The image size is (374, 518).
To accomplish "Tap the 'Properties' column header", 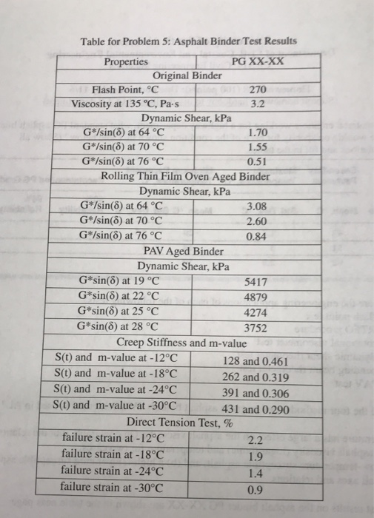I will [127, 61].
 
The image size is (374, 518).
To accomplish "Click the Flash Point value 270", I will [257, 89].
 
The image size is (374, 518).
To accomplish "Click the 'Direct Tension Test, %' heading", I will [185, 423].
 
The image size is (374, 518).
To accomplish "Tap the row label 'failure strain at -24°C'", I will [113, 471].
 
